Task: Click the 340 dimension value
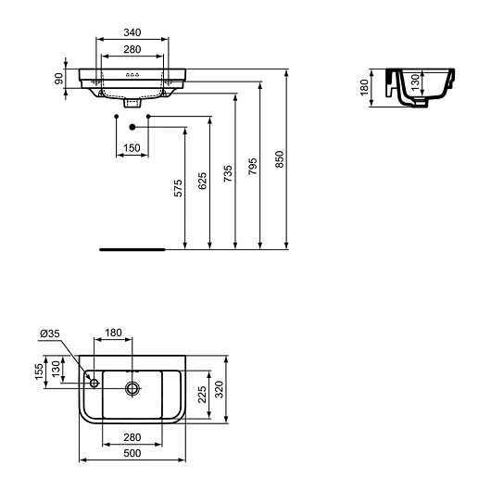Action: [132, 32]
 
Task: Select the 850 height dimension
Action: [279, 159]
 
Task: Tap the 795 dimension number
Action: [254, 165]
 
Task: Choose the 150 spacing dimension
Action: [132, 148]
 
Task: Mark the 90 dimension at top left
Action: [58, 79]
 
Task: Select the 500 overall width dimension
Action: [132, 452]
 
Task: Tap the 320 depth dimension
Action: [220, 389]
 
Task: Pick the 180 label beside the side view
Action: [364, 86]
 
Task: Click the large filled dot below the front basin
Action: [132, 126]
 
